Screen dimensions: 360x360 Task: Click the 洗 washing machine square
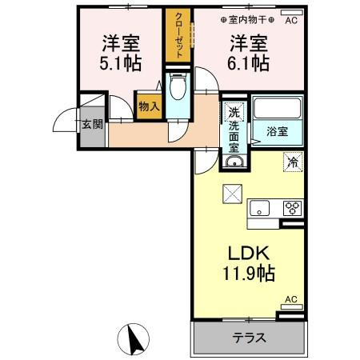(234, 113)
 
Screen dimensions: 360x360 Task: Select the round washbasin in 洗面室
(233, 163)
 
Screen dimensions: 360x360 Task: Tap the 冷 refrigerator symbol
(292, 161)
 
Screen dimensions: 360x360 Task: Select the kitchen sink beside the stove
(260, 208)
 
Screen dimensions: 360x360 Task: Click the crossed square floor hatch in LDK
(230, 192)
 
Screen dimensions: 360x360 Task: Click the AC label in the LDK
(290, 299)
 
